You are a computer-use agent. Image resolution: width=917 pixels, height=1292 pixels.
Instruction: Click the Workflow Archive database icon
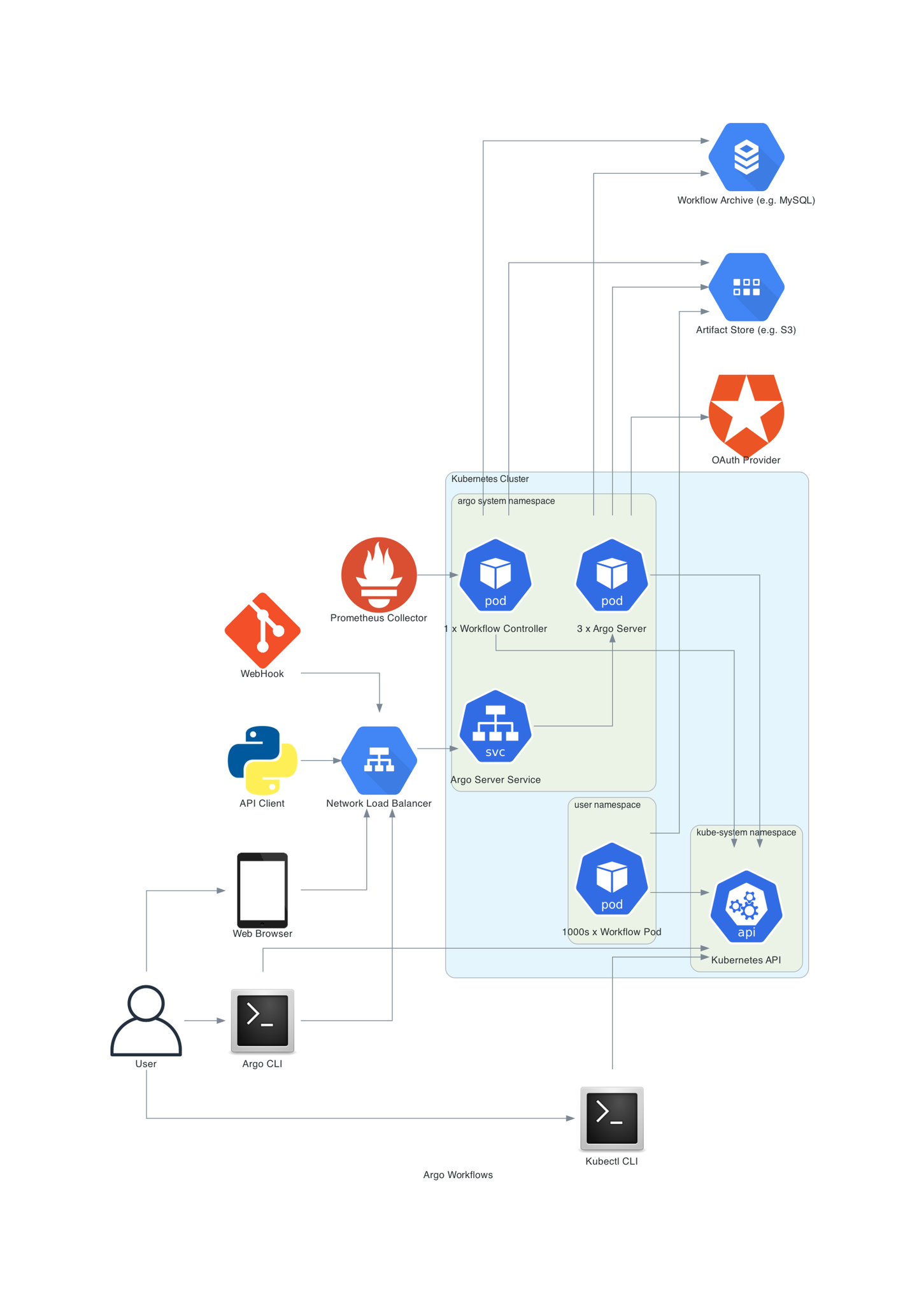[x=746, y=157]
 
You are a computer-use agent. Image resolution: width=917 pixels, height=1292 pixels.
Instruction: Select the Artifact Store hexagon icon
[x=746, y=287]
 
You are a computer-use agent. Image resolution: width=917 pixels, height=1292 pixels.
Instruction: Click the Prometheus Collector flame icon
[x=379, y=574]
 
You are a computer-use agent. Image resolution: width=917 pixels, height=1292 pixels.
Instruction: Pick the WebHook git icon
[x=262, y=630]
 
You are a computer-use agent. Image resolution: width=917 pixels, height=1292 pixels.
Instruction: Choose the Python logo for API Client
[x=262, y=760]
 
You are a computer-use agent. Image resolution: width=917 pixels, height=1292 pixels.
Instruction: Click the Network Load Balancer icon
[x=379, y=760]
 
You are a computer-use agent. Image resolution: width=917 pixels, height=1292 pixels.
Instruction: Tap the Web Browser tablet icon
[x=262, y=890]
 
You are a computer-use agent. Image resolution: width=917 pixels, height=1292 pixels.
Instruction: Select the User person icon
[x=146, y=1020]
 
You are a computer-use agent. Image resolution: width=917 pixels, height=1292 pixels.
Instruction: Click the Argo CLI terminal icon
[x=262, y=1020]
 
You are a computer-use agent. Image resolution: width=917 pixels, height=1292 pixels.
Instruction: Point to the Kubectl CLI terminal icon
[x=612, y=1118]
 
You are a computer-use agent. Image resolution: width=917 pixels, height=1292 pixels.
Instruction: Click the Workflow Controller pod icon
[x=495, y=575]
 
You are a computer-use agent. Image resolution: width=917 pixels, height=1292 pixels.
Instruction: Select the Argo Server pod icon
[x=612, y=575]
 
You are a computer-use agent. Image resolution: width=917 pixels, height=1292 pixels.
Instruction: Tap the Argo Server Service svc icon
[x=495, y=726]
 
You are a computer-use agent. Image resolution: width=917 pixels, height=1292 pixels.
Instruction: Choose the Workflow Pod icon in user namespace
[x=612, y=879]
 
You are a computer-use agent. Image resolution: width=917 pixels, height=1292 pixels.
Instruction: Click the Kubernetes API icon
[x=746, y=906]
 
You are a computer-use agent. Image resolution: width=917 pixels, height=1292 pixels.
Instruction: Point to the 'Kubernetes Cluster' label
[x=490, y=479]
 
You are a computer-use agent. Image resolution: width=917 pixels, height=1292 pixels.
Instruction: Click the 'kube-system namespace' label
[x=746, y=832]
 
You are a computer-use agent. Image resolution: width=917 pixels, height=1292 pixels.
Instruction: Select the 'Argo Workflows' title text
[x=458, y=1175]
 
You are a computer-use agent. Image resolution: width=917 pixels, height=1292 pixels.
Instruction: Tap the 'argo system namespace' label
[x=506, y=501]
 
